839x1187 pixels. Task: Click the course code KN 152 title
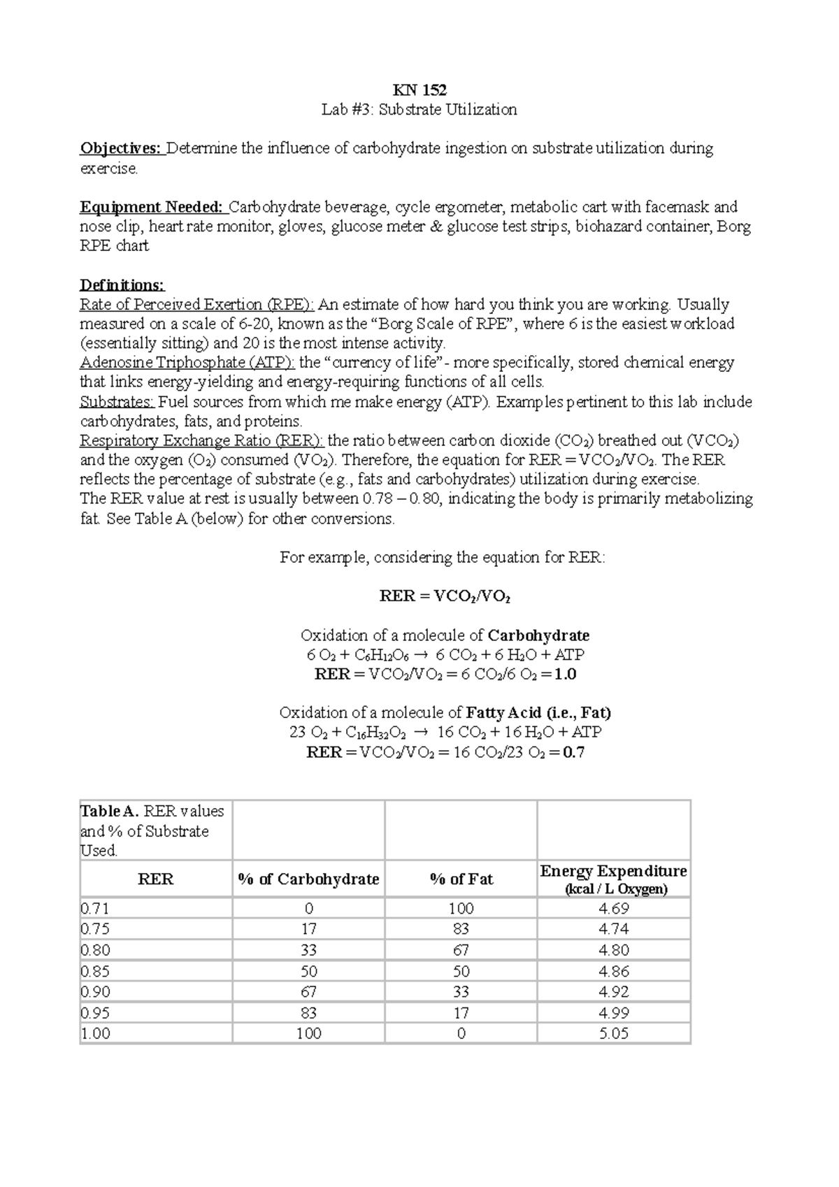(419, 90)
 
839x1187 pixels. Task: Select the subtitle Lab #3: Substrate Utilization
(419, 110)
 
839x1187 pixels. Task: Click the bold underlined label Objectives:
(121, 148)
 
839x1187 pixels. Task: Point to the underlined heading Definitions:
(122, 285)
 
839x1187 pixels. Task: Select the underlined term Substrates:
(117, 402)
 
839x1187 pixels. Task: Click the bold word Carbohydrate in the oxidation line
(538, 635)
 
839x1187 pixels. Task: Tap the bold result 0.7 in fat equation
(574, 753)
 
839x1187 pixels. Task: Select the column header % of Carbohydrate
(308, 879)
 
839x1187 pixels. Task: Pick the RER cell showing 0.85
(96, 971)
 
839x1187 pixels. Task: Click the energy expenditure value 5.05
(614, 1033)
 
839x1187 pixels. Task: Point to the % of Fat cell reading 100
(461, 909)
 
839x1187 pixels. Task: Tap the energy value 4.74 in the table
(614, 929)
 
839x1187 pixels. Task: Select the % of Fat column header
(461, 879)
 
